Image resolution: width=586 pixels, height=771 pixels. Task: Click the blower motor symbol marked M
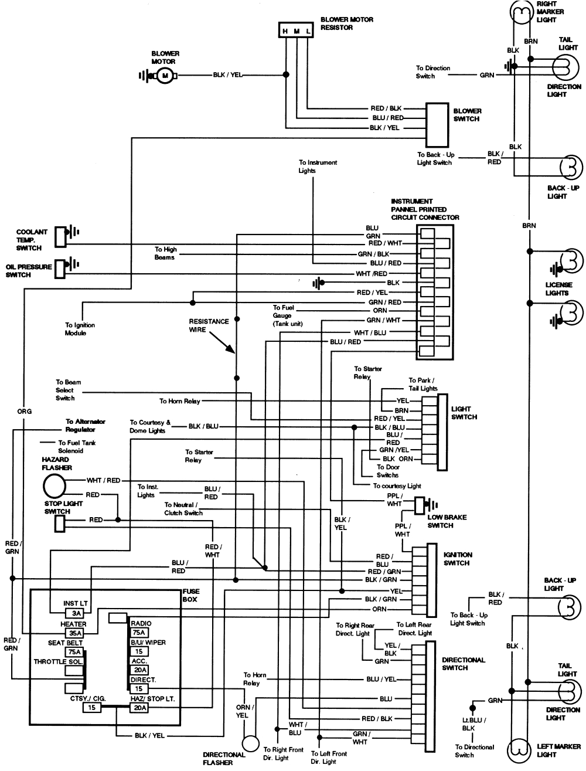coord(165,76)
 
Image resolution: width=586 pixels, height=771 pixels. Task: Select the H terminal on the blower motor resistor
coord(285,30)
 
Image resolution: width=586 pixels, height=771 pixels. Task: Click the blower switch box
coord(434,125)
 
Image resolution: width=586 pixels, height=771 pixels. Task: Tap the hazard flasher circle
coord(54,486)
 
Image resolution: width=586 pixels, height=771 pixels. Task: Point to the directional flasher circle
coord(251,743)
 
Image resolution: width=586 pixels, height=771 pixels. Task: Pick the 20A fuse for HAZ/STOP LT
coord(139,708)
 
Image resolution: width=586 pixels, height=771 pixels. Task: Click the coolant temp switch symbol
coord(60,236)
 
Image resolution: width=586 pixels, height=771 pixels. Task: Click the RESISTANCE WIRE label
coord(209,325)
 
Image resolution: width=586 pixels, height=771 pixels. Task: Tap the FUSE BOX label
coord(190,596)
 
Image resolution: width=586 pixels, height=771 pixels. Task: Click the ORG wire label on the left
coord(24,411)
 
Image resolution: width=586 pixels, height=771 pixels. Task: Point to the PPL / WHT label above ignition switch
coord(402,530)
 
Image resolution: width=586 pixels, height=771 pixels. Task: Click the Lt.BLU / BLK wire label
coord(468,724)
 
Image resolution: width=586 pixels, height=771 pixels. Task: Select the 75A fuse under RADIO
coord(139,633)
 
